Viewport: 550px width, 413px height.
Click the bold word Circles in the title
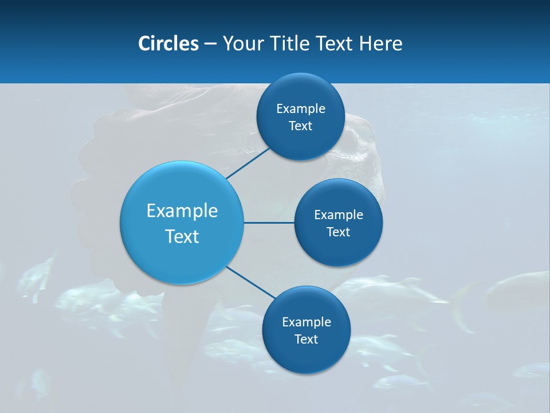tap(168, 44)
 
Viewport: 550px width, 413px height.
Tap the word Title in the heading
tap(291, 44)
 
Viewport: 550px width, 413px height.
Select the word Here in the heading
tap(380, 44)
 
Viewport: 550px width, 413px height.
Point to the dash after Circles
tap(210, 44)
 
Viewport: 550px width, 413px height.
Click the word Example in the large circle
tap(182, 211)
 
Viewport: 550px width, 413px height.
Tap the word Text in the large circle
tap(182, 236)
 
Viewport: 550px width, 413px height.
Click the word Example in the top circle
tap(301, 109)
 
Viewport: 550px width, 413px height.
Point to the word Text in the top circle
tap(300, 126)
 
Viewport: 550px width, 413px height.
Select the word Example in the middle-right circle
tap(339, 215)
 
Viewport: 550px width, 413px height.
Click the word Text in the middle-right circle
tap(338, 232)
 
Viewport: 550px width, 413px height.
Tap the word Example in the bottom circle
tap(307, 322)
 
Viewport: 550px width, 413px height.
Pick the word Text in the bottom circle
tap(306, 340)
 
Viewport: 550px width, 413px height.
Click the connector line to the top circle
tap(247, 163)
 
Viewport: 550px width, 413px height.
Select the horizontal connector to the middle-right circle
tap(269, 223)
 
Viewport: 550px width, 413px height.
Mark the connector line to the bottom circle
tap(250, 282)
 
